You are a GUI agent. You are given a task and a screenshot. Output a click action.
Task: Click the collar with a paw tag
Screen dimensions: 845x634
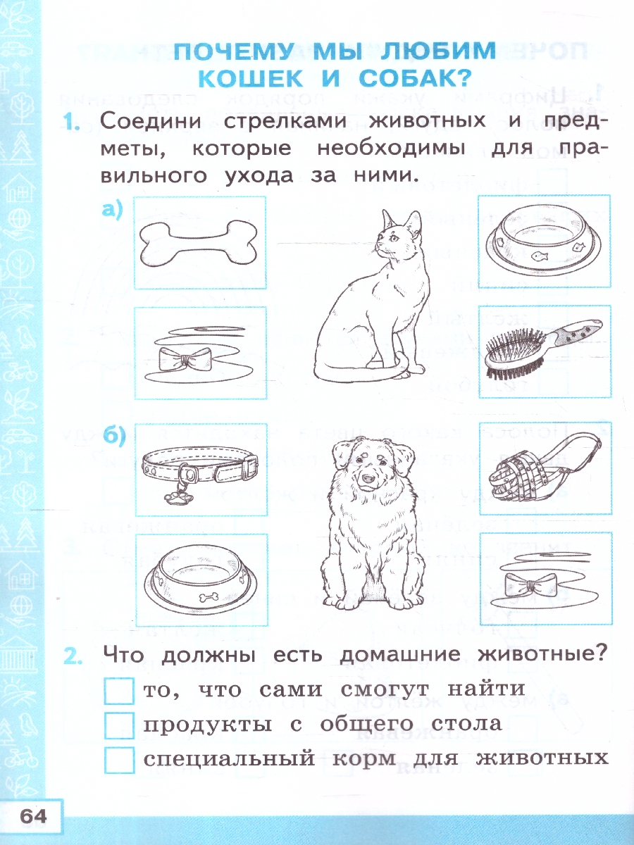coord(199,468)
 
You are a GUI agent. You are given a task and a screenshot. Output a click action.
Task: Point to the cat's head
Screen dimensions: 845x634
coord(397,236)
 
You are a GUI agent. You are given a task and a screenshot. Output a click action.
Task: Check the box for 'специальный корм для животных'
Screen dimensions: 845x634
coord(119,759)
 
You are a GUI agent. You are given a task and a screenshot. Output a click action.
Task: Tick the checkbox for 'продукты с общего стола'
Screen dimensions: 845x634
coord(119,725)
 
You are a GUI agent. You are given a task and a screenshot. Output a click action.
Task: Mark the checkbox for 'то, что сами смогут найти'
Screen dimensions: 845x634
coord(119,691)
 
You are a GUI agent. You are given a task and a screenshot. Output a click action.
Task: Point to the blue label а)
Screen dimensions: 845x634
coord(111,209)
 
